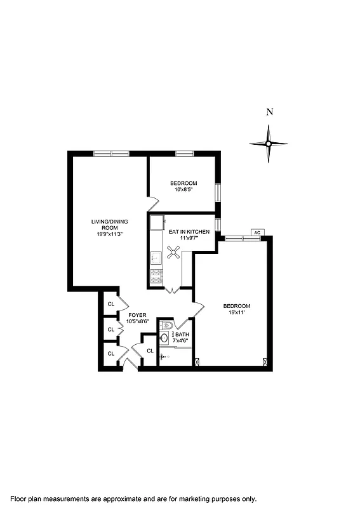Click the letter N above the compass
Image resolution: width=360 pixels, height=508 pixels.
pos(270,112)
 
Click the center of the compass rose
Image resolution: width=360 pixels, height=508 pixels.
pos(268,144)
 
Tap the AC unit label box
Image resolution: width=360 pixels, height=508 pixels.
pos(257,232)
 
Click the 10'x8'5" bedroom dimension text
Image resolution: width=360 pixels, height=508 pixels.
pos(183,189)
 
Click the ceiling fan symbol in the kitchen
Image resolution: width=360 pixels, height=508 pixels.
pos(173,253)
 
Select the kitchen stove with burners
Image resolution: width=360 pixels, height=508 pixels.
pos(156,276)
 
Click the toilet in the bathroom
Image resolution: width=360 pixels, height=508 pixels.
pos(165,326)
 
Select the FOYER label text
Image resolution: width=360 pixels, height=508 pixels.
pos(138,315)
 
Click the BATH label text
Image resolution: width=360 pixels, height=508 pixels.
pos(182,334)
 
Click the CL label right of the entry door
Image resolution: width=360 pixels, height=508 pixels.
pos(150,351)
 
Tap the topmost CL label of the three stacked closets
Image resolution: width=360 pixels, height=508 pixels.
pos(111,304)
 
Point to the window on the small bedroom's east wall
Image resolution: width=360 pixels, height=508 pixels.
pos(217,192)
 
